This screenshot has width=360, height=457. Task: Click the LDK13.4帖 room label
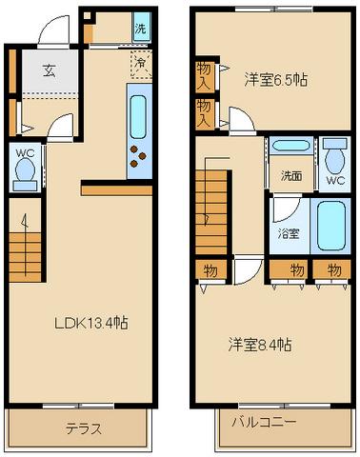[91, 323]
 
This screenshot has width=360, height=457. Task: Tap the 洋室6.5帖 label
[275, 80]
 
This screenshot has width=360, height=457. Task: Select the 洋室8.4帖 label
[259, 345]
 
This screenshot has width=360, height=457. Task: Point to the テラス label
[84, 429]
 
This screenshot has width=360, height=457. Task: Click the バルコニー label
[264, 422]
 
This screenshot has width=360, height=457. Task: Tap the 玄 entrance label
[50, 70]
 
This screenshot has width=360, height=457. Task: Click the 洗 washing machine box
[141, 26]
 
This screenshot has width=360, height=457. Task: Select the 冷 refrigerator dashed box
[141, 65]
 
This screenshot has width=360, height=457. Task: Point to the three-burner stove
[138, 156]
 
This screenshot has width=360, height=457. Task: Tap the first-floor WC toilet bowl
[26, 169]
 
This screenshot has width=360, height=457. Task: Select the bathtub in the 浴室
[331, 226]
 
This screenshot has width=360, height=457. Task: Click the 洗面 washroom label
[291, 176]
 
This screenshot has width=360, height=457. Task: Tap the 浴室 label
[289, 234]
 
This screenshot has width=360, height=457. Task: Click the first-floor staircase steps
[25, 257]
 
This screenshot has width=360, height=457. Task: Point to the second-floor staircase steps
[211, 212]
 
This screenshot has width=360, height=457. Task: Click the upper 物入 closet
[205, 77]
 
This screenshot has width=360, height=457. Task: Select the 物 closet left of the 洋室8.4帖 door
[211, 269]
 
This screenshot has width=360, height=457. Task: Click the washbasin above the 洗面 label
[290, 147]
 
